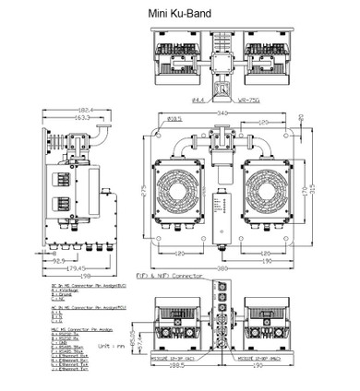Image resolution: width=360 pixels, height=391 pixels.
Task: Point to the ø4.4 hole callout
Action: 198,99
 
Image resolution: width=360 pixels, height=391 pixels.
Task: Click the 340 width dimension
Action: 222,113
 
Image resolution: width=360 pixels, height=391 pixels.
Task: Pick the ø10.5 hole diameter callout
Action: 175,119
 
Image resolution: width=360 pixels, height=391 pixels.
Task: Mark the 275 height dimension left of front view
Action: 145,189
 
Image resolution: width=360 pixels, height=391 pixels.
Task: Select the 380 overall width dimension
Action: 222,268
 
